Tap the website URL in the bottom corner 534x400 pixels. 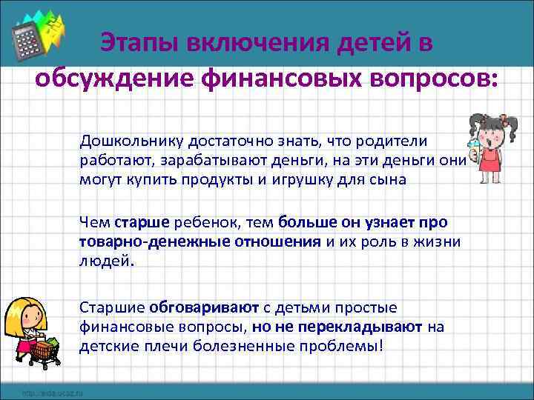pos(52,393)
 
